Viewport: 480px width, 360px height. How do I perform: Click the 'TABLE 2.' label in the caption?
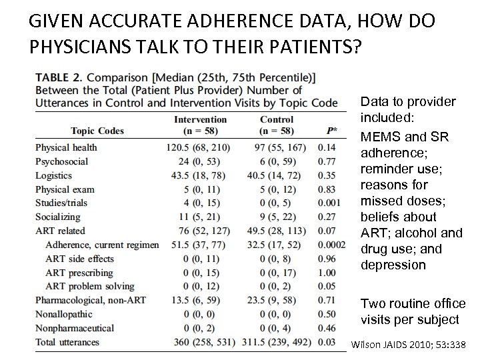click(59, 77)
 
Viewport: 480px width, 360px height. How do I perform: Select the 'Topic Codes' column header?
click(97, 131)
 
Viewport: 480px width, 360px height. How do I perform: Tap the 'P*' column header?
click(331, 131)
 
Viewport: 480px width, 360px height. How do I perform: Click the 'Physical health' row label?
click(66, 147)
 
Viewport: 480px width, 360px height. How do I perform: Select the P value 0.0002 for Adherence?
click(331, 245)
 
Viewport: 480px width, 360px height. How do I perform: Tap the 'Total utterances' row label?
click(67, 342)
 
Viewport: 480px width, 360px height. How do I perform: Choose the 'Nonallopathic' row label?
click(63, 314)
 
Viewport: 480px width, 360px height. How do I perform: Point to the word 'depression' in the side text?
click(393, 265)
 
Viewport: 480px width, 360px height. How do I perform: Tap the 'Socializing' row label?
click(57, 217)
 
